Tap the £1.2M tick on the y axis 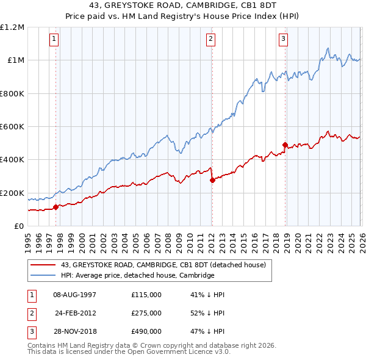(x=12, y=27)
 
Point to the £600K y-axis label (x=12, y=127)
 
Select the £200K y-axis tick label (x=12, y=193)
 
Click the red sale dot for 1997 (x=56, y=207)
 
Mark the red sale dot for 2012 (x=212, y=181)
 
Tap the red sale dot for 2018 (x=285, y=145)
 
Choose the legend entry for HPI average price (x=137, y=276)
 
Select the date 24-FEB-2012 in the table (x=75, y=313)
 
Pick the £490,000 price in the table (x=146, y=332)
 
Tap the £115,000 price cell (x=146, y=294)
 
